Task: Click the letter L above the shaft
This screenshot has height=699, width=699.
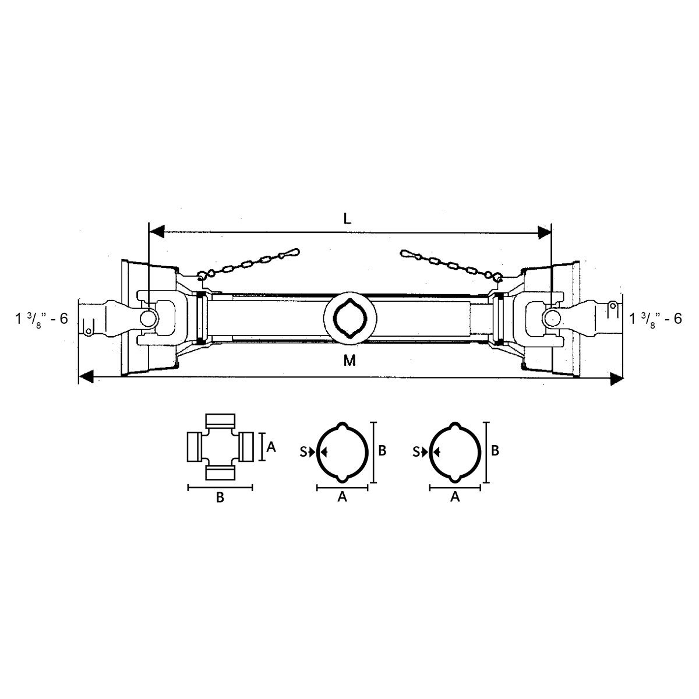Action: click(x=347, y=218)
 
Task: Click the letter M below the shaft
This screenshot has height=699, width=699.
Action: click(x=349, y=361)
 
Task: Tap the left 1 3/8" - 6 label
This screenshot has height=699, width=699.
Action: click(x=41, y=319)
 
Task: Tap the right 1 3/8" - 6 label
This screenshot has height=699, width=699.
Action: click(x=655, y=319)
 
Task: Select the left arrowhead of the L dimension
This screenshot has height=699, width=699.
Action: click(x=157, y=232)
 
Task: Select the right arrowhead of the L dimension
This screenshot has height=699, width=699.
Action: click(x=544, y=232)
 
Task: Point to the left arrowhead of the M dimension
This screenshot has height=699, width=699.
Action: click(x=87, y=377)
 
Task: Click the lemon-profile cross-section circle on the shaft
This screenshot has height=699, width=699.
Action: click(x=350, y=318)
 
